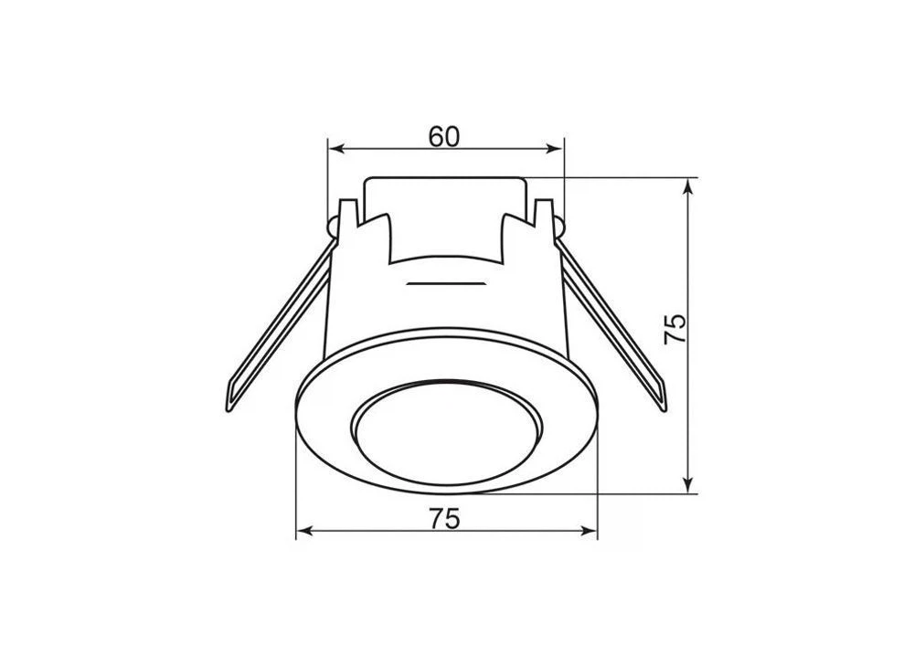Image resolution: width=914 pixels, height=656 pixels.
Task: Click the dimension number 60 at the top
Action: pyautogui.click(x=444, y=136)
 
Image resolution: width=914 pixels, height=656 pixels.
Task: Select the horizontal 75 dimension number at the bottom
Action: pyautogui.click(x=445, y=519)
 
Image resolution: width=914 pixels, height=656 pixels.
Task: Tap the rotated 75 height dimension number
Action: pyautogui.click(x=675, y=329)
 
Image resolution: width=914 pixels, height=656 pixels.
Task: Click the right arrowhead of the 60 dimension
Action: pyautogui.click(x=555, y=150)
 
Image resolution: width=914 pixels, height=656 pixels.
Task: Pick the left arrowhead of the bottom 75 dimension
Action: pyautogui.click(x=305, y=531)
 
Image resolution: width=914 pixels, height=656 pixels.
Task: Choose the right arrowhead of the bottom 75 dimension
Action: pyautogui.click(x=589, y=531)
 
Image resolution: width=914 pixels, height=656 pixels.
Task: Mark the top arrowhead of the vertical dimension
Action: pyautogui.click(x=689, y=186)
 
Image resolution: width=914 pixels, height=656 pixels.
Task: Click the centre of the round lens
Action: pyautogui.click(x=448, y=433)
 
